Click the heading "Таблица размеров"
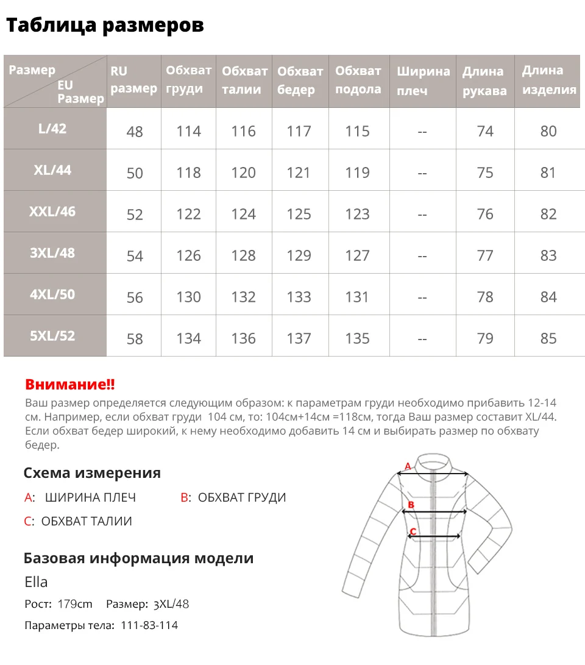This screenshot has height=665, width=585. [105, 25]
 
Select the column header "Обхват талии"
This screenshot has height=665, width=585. [244, 80]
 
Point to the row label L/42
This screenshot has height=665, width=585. [52, 129]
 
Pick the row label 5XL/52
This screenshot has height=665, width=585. [52, 336]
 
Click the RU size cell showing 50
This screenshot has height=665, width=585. [135, 173]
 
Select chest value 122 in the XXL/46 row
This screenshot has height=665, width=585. [188, 214]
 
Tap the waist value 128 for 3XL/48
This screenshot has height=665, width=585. [244, 255]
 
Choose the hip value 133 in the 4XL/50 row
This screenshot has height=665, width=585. [299, 297]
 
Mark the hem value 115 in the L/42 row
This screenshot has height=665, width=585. [357, 131]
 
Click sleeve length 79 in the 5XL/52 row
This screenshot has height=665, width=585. [485, 338]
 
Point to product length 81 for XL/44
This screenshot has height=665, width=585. [548, 172]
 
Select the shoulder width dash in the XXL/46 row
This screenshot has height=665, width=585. [422, 215]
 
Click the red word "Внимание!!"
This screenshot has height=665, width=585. [70, 385]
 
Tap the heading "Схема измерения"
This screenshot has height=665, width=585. [92, 473]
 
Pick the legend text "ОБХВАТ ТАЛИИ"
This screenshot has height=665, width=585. [87, 521]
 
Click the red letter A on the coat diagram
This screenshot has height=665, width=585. [408, 467]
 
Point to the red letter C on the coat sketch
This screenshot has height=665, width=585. [413, 532]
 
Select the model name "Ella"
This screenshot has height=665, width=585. [36, 581]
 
